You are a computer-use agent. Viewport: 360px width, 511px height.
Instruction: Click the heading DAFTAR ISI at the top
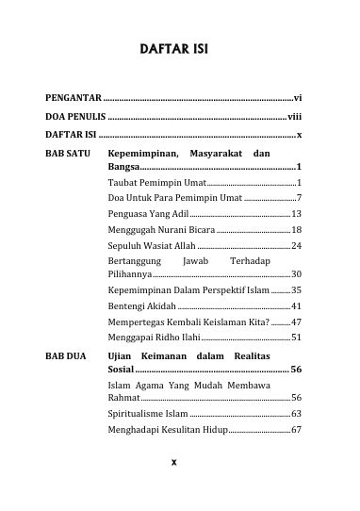click(180, 48)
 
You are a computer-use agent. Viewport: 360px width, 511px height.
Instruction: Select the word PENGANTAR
click(74, 97)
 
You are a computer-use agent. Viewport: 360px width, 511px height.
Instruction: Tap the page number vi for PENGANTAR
click(297, 97)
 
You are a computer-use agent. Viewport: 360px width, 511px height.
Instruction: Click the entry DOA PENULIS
click(76, 117)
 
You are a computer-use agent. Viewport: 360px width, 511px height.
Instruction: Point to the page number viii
click(294, 117)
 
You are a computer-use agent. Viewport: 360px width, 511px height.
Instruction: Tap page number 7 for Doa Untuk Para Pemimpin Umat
click(298, 198)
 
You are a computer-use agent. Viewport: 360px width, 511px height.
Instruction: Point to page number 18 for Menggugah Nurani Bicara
click(296, 229)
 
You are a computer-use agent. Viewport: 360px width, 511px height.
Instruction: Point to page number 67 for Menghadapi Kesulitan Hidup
click(296, 429)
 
